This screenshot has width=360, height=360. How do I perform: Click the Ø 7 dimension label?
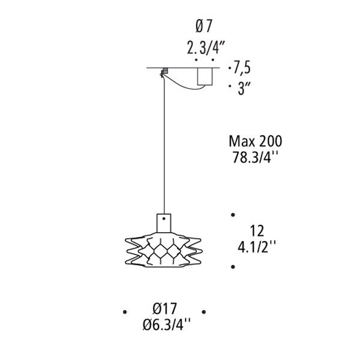tap(203, 26)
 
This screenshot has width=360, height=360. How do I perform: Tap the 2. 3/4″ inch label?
tap(205, 47)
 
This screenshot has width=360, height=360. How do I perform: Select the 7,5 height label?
tap(242, 67)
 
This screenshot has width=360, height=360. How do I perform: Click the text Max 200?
tap(256, 141)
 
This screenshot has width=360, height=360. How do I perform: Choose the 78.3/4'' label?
tap(255, 157)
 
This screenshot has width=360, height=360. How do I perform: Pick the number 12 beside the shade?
tap(257, 231)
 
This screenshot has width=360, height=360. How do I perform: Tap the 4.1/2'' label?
tap(256, 247)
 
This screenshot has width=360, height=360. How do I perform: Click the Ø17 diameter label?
tap(165, 308)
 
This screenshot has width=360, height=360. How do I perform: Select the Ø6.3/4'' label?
tap(166, 325)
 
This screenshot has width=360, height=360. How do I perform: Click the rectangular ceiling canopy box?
tap(205, 76)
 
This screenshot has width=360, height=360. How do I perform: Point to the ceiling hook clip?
tap(164, 72)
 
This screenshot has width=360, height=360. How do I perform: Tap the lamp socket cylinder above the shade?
tap(164, 223)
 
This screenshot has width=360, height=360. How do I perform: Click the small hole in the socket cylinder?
tap(164, 219)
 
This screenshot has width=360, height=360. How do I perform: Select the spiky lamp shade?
tap(164, 250)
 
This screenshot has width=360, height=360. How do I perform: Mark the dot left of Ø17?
tap(125, 312)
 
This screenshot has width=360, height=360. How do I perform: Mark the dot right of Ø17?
tap(203, 312)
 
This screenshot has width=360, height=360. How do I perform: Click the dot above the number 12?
tap(233, 215)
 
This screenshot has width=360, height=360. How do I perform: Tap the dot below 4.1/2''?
tap(233, 267)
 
